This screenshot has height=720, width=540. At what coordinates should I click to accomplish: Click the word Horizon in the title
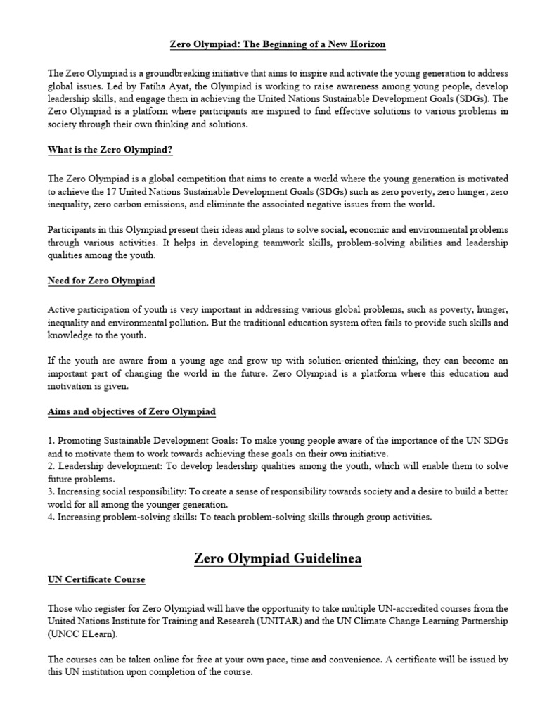(366, 44)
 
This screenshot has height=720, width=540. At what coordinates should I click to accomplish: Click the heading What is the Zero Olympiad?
(110, 149)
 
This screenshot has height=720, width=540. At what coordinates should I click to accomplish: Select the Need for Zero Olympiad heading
(101, 281)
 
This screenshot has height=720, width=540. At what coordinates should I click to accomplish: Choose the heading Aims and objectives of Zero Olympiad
(131, 411)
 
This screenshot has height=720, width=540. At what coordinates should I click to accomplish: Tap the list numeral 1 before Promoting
(51, 440)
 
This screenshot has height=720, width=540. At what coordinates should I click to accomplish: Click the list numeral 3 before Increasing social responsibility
(51, 491)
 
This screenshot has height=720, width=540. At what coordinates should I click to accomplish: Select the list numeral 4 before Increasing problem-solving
(51, 517)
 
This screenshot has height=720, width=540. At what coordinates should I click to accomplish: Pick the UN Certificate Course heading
(96, 579)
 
